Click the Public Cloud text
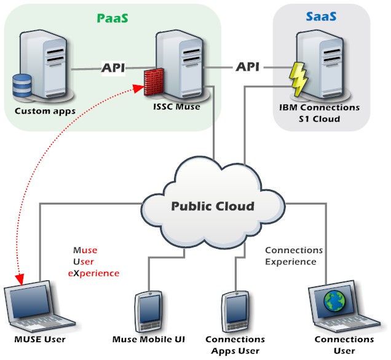[x=211, y=206]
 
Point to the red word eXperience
[x=93, y=273]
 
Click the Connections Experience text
[x=293, y=256]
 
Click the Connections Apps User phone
[x=234, y=310]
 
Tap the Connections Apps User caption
[x=235, y=345]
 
